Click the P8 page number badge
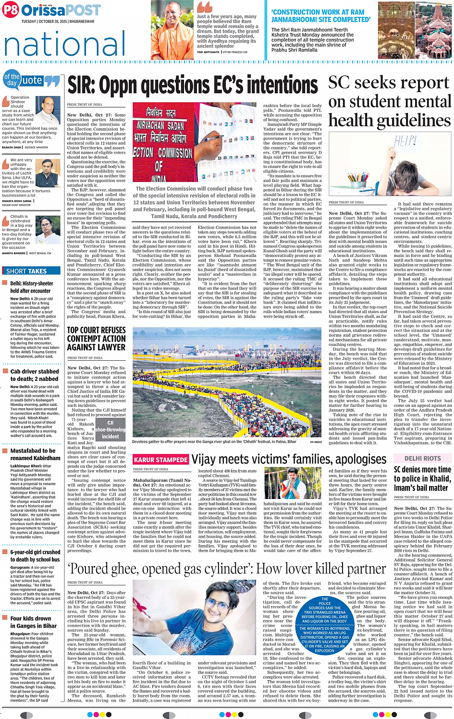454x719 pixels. point(10,10)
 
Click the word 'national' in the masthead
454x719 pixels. point(65,44)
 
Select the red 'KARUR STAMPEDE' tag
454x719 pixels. point(160,460)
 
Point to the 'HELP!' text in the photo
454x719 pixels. point(406,141)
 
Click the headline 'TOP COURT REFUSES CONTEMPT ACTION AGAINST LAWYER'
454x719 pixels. point(96,339)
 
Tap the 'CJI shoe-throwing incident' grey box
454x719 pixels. point(110,429)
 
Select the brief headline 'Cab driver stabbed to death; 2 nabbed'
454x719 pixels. point(35,375)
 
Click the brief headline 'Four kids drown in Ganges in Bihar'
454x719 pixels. point(34,622)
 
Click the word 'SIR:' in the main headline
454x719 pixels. point(83,85)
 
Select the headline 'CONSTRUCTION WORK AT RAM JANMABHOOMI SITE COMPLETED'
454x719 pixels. point(320,16)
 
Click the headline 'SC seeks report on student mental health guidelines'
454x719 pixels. point(390,101)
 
